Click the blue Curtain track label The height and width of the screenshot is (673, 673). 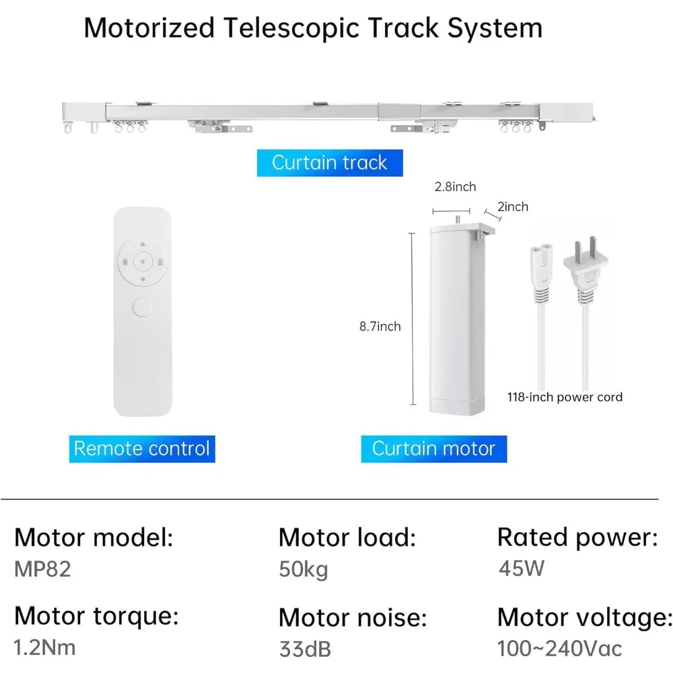click(330, 163)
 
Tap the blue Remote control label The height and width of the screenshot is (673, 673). click(141, 448)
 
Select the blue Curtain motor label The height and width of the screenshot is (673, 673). click(433, 448)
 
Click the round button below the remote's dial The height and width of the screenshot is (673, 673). click(142, 308)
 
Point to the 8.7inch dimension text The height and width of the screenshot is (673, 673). click(380, 326)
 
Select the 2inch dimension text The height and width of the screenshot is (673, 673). click(513, 207)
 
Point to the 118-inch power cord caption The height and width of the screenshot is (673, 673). click(565, 397)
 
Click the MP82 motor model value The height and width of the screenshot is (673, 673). click(42, 569)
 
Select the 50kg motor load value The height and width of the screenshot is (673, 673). click(304, 569)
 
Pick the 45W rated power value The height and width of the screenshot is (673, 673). click(521, 568)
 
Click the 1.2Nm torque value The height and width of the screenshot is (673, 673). click(45, 647)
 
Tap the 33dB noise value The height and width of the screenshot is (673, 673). click(305, 649)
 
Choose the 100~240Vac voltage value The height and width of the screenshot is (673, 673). click(560, 648)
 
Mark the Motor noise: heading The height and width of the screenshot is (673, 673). click(353, 616)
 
